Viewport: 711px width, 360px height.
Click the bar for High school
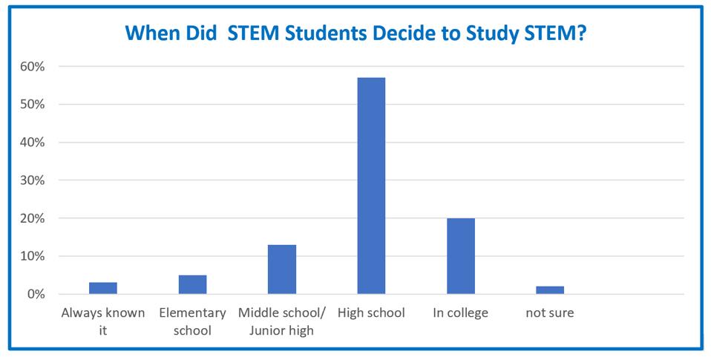(x=371, y=186)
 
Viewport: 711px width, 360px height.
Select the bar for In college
(x=461, y=256)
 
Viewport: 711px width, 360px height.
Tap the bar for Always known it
(x=103, y=288)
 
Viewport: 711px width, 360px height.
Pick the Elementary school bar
(x=192, y=284)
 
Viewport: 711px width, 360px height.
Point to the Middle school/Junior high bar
(x=282, y=269)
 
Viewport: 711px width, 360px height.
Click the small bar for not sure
(x=550, y=290)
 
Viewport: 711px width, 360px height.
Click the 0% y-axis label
(x=36, y=295)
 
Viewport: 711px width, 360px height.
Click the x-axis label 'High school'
(x=371, y=313)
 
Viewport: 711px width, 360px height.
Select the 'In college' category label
(x=461, y=313)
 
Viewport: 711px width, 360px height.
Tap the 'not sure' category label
(x=550, y=313)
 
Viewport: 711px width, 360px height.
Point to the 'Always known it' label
(x=103, y=321)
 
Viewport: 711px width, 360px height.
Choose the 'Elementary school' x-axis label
(x=192, y=321)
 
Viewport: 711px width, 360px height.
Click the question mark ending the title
(x=581, y=34)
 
